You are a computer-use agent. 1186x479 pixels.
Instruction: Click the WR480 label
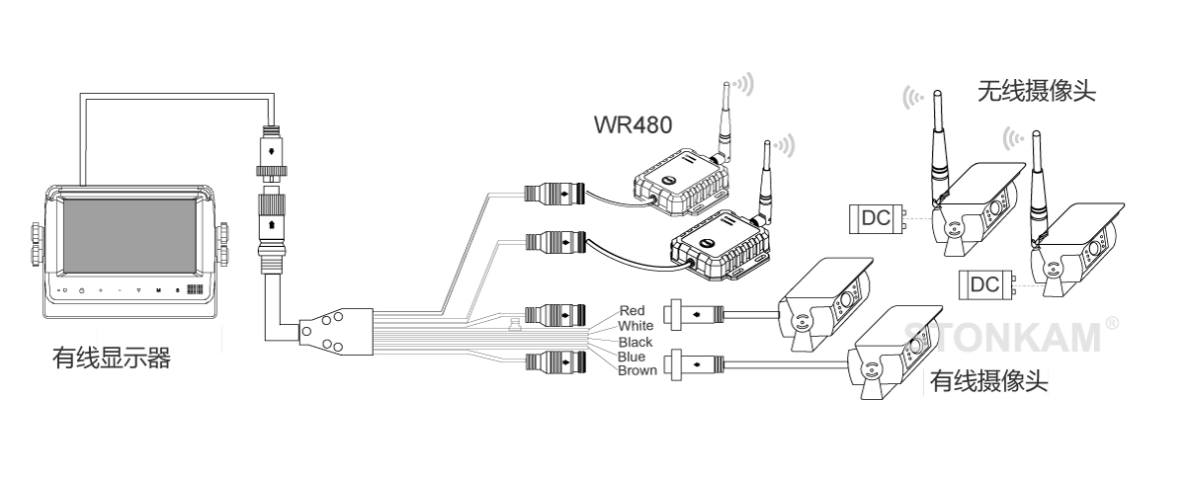[634, 126]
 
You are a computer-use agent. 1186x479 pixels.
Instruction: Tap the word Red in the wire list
[631, 311]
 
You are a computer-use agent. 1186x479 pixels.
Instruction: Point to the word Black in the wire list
[635, 342]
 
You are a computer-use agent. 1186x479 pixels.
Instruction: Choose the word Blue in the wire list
[632, 356]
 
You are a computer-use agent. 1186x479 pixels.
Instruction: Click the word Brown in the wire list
[636, 370]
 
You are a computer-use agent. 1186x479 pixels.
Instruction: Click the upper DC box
[877, 218]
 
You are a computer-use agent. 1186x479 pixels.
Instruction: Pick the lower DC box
[985, 284]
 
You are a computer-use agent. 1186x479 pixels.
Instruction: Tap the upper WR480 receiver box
[683, 179]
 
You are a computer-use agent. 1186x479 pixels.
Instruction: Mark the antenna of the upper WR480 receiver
[723, 119]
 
